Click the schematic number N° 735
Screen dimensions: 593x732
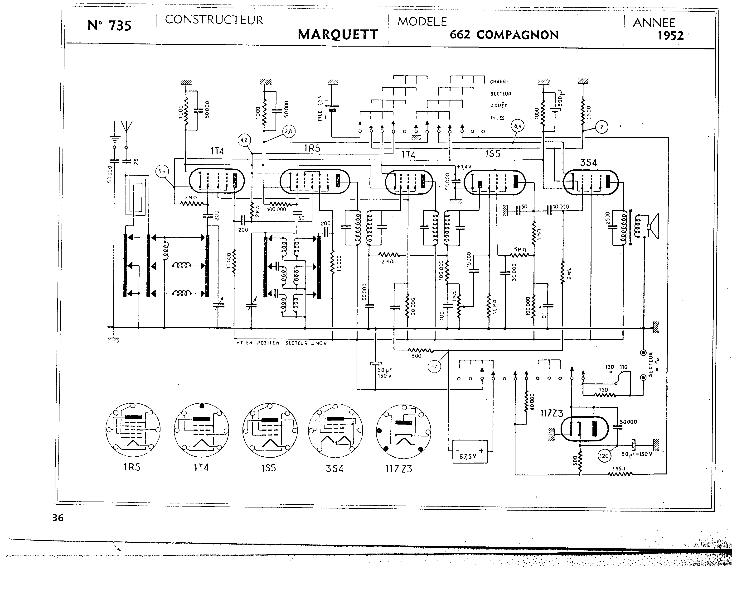click(109, 26)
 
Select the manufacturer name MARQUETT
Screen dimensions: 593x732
click(338, 34)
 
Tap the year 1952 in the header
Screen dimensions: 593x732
click(670, 36)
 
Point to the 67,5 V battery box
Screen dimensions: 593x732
click(470, 452)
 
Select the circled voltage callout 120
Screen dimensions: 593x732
click(604, 456)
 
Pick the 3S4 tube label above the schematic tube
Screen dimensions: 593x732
click(588, 163)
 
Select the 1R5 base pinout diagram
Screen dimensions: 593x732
click(133, 430)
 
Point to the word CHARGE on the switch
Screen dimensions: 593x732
click(499, 82)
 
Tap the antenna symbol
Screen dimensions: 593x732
click(126, 127)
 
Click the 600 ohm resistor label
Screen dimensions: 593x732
click(416, 356)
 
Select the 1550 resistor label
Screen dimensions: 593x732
click(619, 469)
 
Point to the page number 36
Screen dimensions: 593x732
click(58, 518)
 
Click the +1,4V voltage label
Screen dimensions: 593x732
click(464, 167)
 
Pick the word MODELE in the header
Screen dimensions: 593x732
click(422, 22)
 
